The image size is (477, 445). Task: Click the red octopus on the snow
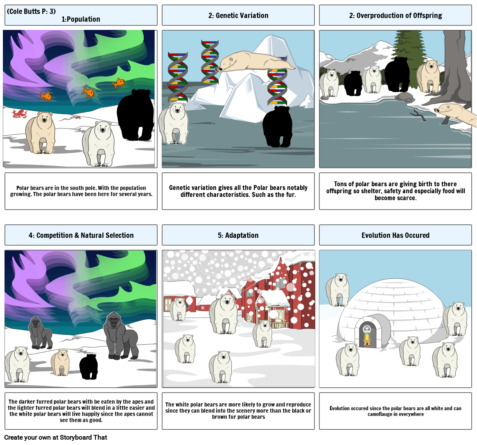pyautogui.click(x=19, y=113)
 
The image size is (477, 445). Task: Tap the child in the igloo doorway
pyautogui.click(x=367, y=336)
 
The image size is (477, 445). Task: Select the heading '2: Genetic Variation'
pyautogui.click(x=238, y=16)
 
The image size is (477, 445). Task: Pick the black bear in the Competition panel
pyautogui.click(x=88, y=366)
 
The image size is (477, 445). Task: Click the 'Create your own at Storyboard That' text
pyautogui.click(x=56, y=437)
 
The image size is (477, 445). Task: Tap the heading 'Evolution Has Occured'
pyautogui.click(x=395, y=235)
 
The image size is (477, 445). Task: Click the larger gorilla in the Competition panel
pyautogui.click(x=120, y=336)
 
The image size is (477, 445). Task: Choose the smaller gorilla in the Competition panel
pyautogui.click(x=40, y=332)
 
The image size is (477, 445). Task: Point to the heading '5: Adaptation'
pyautogui.click(x=238, y=235)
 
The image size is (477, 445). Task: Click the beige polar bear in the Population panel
pyautogui.click(x=41, y=133)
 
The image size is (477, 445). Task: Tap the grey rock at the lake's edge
pyautogui.click(x=404, y=97)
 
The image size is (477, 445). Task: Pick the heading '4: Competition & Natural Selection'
pyautogui.click(x=81, y=235)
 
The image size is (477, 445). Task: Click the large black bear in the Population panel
pyautogui.click(x=136, y=115)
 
